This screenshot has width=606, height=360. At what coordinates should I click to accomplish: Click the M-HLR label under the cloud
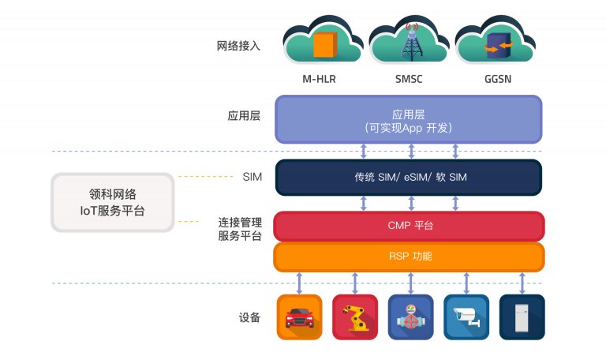319,79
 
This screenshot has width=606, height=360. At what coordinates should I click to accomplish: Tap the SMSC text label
409,79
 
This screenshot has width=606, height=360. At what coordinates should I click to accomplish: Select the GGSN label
498,79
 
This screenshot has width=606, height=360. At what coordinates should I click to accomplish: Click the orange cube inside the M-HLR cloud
325,44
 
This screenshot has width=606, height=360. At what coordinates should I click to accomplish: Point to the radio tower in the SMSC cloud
412,42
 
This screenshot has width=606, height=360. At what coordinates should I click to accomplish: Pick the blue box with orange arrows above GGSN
499,46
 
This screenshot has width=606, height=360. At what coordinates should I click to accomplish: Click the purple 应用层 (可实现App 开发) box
409,119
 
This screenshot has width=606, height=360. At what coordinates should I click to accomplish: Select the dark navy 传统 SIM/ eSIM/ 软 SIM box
409,178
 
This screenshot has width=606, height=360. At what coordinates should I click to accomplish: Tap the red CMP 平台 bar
409,226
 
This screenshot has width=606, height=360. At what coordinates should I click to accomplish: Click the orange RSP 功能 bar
409,257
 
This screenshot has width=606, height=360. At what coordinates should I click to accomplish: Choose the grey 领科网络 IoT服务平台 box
113,202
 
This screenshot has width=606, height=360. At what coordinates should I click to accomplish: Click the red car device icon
300,317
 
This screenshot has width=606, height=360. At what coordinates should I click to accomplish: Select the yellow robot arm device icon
355,317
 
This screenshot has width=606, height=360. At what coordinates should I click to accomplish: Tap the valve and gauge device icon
411,317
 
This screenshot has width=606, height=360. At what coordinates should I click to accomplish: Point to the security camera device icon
466,317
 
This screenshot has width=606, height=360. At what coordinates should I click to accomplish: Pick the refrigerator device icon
522,317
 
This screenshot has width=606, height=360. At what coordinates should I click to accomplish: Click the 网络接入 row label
238,46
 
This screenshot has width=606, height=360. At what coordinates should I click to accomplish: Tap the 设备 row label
249,317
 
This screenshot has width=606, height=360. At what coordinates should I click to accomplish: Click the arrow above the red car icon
299,283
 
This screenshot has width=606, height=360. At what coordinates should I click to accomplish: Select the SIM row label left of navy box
252,177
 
